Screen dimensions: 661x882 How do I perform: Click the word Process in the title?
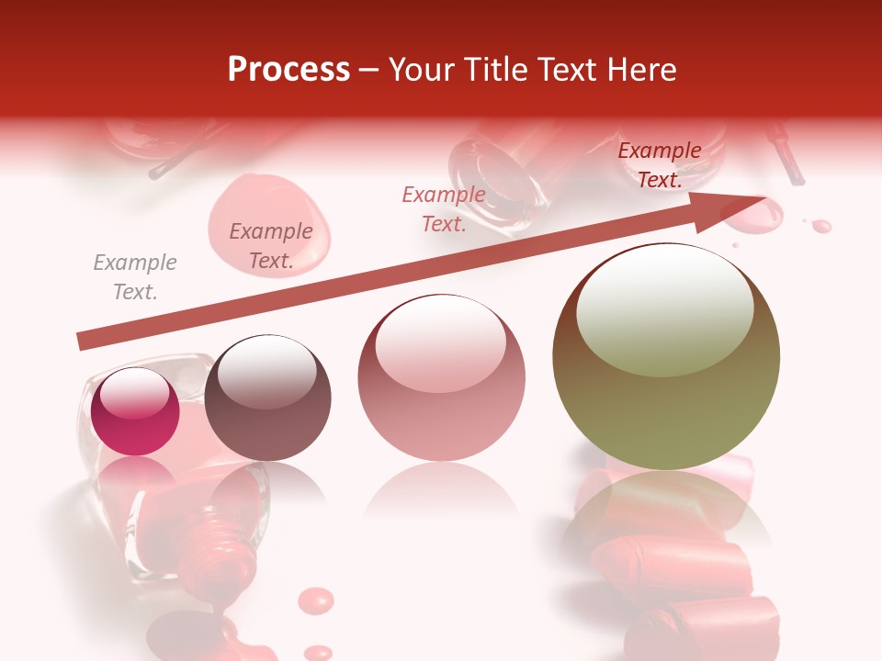pos(288,70)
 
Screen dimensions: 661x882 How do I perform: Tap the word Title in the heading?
pos(492,70)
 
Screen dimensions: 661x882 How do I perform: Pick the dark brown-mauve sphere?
pos(267,398)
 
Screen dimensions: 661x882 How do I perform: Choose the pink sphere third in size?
pos(441,378)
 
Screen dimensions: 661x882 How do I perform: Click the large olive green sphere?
pos(666,358)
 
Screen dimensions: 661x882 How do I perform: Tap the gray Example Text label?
pos(135,276)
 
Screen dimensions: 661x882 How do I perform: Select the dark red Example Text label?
pos(660,165)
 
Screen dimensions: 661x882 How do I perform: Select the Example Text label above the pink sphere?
pos(444,208)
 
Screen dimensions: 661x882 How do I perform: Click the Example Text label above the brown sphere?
pos(271,245)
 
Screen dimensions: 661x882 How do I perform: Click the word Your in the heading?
pos(420,70)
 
